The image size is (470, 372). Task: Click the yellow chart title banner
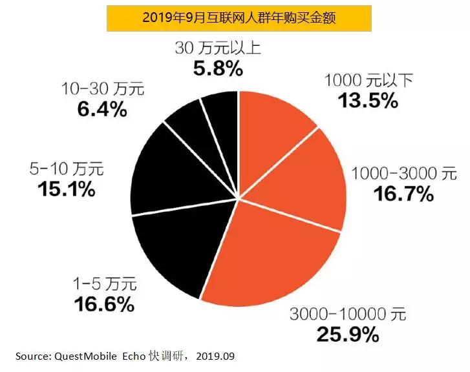point(239,17)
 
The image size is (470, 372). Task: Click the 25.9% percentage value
point(347,335)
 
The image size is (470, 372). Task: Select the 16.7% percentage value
point(401,193)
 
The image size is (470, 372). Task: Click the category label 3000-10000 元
point(347,315)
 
